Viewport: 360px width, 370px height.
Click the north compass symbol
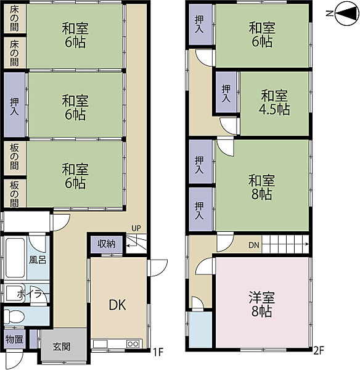(x=345, y=14)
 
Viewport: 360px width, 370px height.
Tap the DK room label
(x=118, y=305)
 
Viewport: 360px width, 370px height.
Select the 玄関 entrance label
(x=62, y=347)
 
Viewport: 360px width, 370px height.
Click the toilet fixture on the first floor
(x=14, y=317)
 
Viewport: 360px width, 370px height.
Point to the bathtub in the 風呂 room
(x=15, y=258)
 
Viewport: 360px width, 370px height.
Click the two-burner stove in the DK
(x=133, y=344)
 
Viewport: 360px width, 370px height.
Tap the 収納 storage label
(x=107, y=244)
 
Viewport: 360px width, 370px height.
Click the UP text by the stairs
(x=136, y=228)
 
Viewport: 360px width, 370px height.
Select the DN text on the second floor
(x=254, y=245)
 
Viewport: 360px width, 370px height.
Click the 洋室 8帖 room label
(x=261, y=304)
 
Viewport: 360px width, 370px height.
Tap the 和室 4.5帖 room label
(x=274, y=102)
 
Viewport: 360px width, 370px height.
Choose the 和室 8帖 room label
(x=261, y=187)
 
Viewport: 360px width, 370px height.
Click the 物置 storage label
(x=14, y=339)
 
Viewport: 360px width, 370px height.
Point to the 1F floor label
(x=158, y=352)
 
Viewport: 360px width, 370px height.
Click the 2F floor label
(x=318, y=351)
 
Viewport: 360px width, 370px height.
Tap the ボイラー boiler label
(x=33, y=294)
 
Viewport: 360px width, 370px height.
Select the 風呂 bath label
(x=38, y=260)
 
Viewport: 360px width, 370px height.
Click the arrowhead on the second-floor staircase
(x=307, y=244)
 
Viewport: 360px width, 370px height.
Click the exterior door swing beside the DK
(x=158, y=268)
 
